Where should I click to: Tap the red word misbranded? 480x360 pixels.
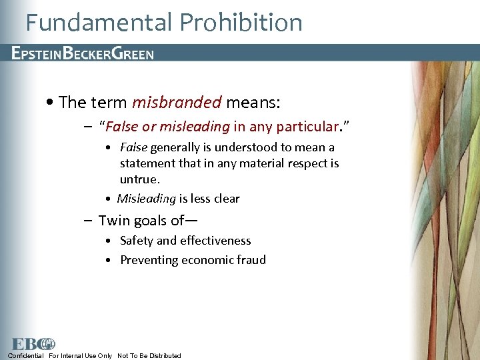point(177,102)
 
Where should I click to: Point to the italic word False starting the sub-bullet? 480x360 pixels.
point(134,147)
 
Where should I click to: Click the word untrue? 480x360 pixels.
point(139,179)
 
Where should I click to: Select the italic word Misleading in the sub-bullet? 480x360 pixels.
point(146,199)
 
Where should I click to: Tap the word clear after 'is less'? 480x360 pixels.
point(226,199)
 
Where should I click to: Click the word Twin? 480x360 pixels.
point(113,220)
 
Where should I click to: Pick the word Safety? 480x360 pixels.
point(137,241)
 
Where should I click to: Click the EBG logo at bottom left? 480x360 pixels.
point(34,344)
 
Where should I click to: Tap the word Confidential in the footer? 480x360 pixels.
point(25,356)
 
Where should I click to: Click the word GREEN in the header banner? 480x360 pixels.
point(133,53)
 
